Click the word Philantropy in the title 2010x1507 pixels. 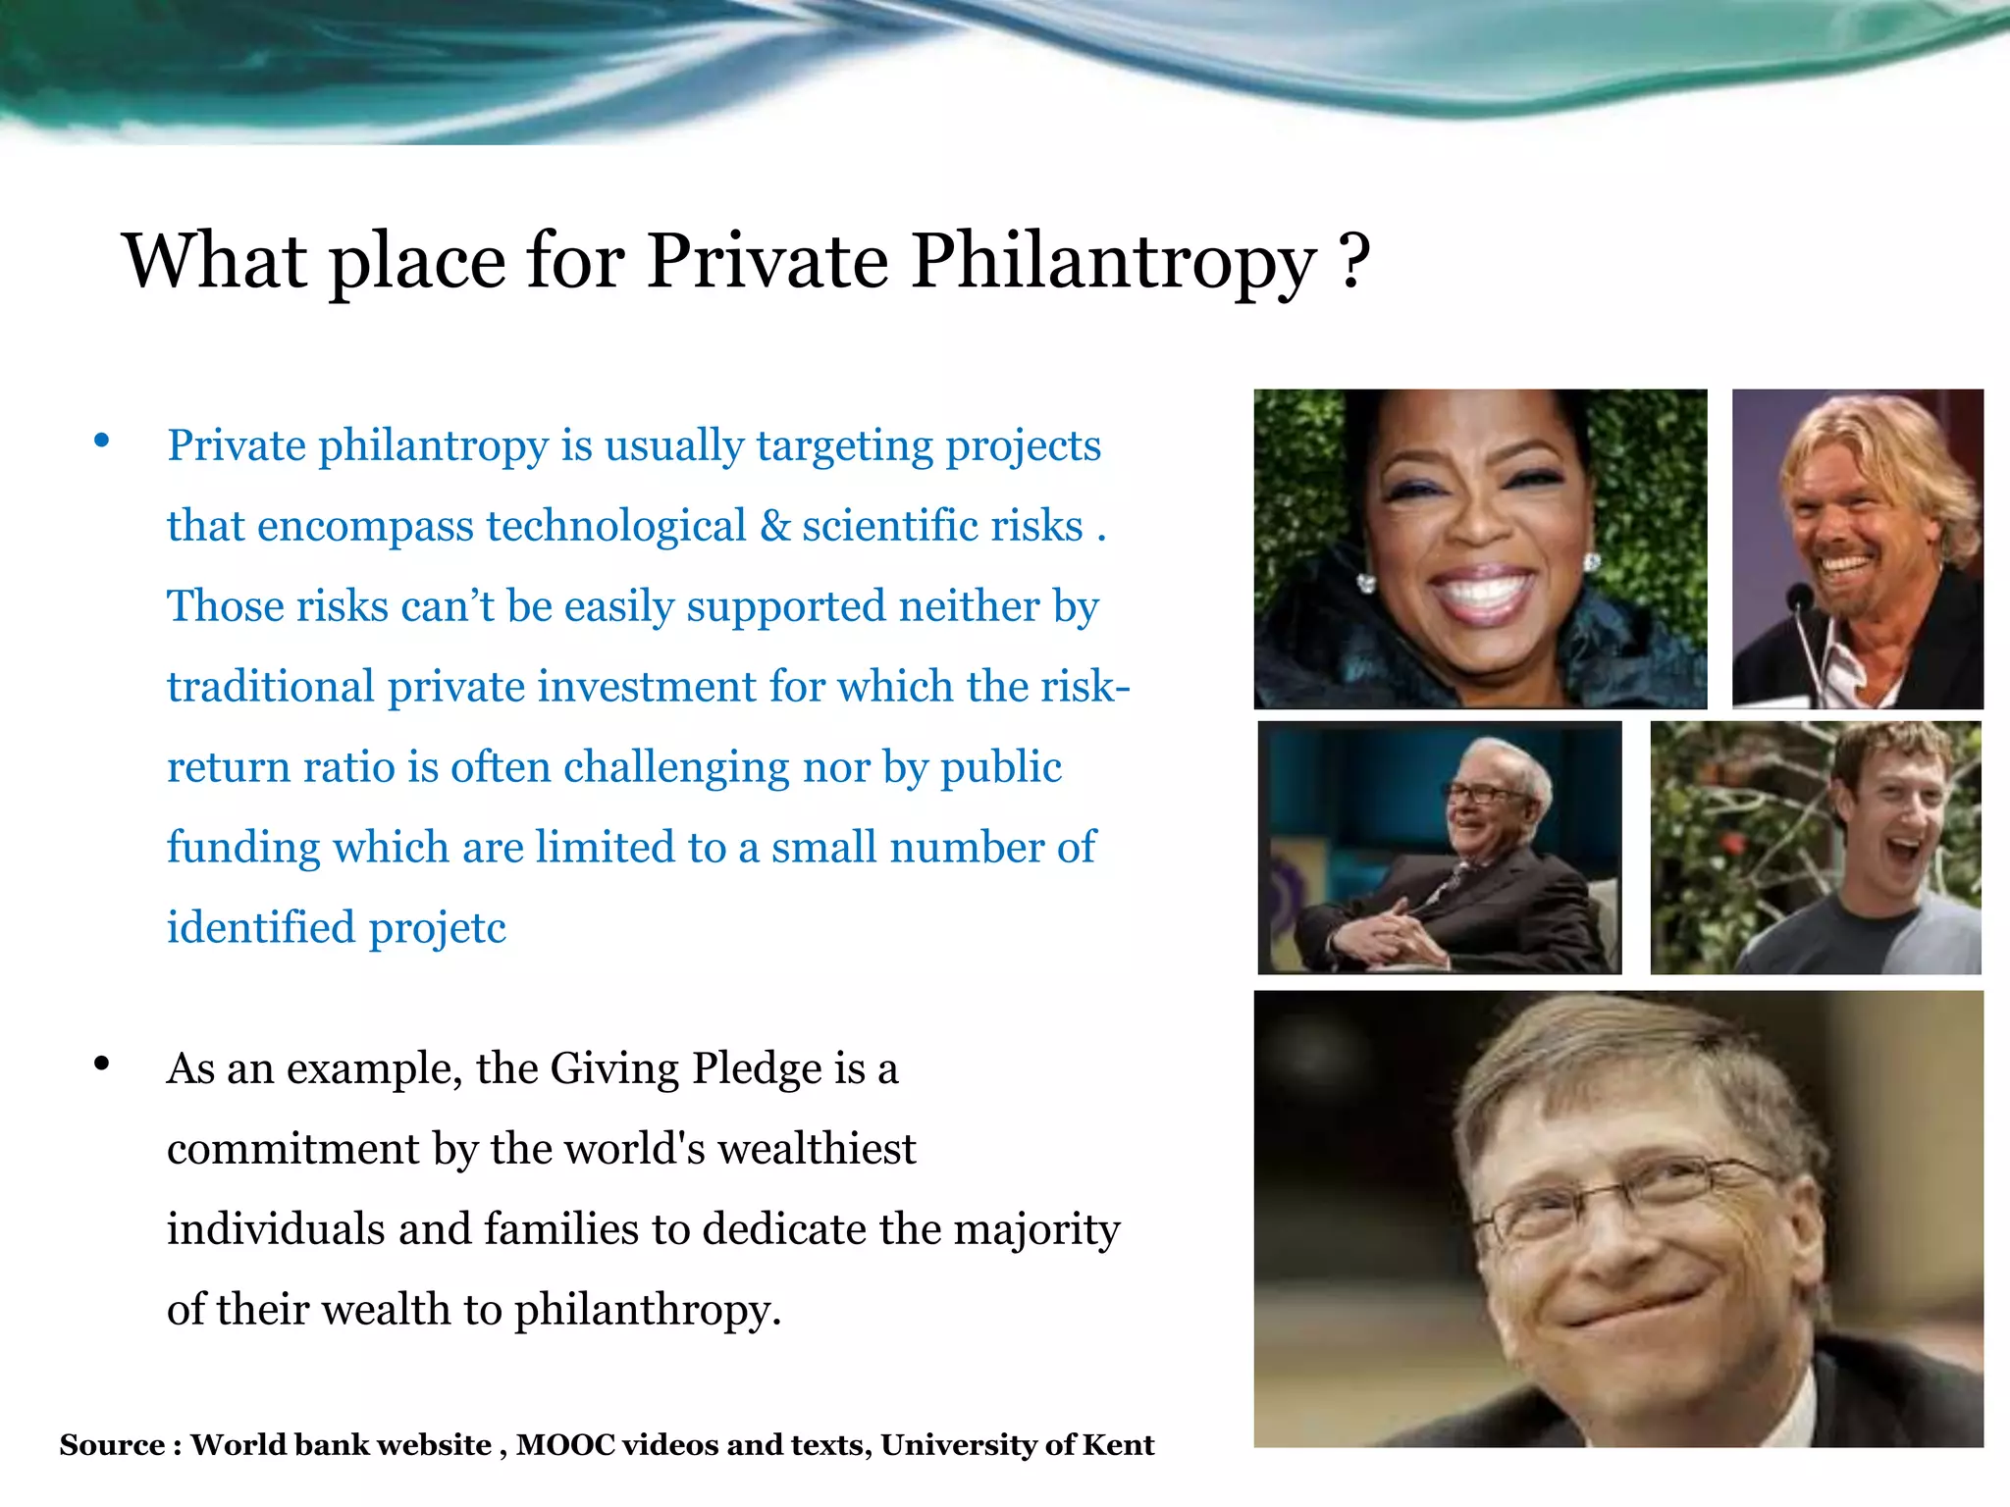click(1113, 262)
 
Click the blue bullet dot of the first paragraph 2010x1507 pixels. click(102, 442)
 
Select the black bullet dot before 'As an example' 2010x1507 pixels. click(102, 1064)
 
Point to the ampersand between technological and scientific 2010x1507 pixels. click(774, 526)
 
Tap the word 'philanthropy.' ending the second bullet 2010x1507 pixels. click(648, 1310)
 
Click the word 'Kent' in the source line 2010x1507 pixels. click(1118, 1445)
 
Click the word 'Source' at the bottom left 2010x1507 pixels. click(112, 1445)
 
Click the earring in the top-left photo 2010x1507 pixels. click(1366, 583)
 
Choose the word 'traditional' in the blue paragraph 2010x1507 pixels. click(271, 687)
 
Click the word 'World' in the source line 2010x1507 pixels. click(238, 1445)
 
